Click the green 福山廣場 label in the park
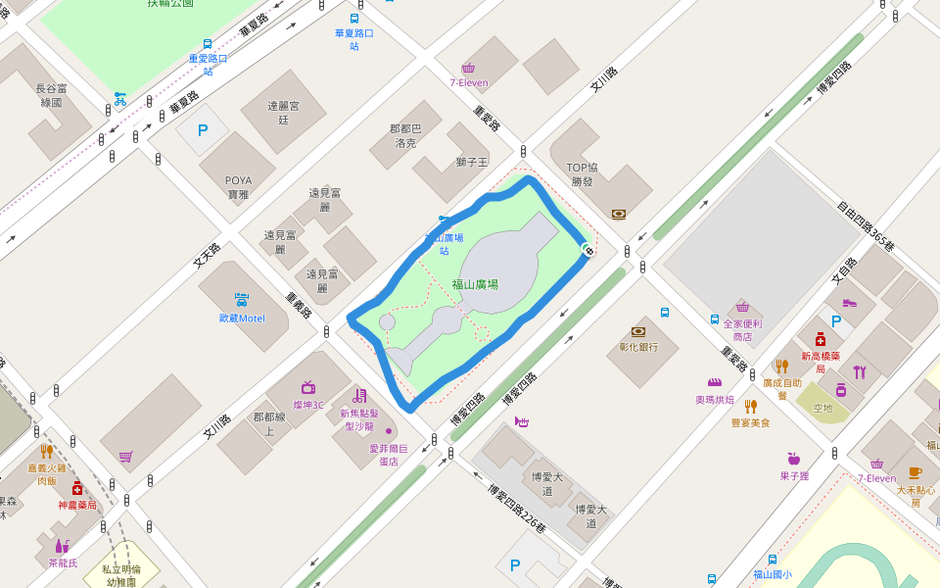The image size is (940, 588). click(x=475, y=284)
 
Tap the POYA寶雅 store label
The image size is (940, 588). click(x=239, y=187)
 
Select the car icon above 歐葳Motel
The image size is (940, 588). click(x=241, y=299)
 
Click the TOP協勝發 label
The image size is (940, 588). click(x=583, y=174)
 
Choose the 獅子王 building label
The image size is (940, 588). click(x=472, y=162)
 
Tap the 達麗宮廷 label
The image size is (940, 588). click(x=284, y=112)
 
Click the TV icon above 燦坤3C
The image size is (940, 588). click(x=308, y=387)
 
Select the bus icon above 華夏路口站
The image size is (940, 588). click(x=353, y=18)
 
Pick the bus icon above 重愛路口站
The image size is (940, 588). click(x=208, y=43)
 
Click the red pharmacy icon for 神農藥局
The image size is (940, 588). click(x=76, y=489)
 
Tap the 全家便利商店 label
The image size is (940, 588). click(x=742, y=330)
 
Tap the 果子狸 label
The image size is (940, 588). click(x=794, y=475)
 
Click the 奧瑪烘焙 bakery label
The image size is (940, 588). click(x=715, y=400)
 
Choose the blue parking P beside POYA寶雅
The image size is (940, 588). click(x=203, y=129)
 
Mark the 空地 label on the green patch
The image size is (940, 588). click(x=822, y=408)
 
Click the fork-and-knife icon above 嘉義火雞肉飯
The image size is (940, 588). click(x=46, y=452)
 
